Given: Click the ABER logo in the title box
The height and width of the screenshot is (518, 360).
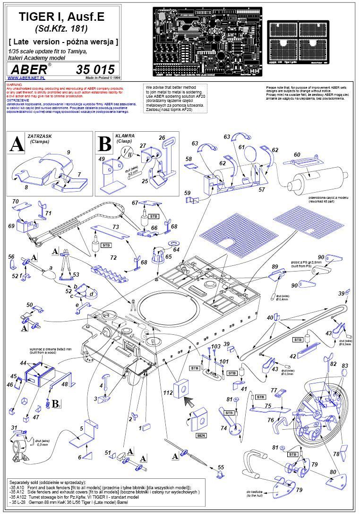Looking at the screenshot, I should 29,69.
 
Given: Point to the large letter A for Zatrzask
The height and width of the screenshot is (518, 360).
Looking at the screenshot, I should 17,144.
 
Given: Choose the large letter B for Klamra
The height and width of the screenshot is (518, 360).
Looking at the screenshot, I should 104,144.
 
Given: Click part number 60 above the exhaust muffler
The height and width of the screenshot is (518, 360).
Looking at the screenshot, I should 297,155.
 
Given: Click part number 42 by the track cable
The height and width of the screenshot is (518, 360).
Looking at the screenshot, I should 293,356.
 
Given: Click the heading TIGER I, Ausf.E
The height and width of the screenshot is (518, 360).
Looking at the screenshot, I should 61,17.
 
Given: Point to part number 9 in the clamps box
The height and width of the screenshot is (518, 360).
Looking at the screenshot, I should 69,152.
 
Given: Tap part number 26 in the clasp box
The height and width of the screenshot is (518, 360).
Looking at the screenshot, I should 162,138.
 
